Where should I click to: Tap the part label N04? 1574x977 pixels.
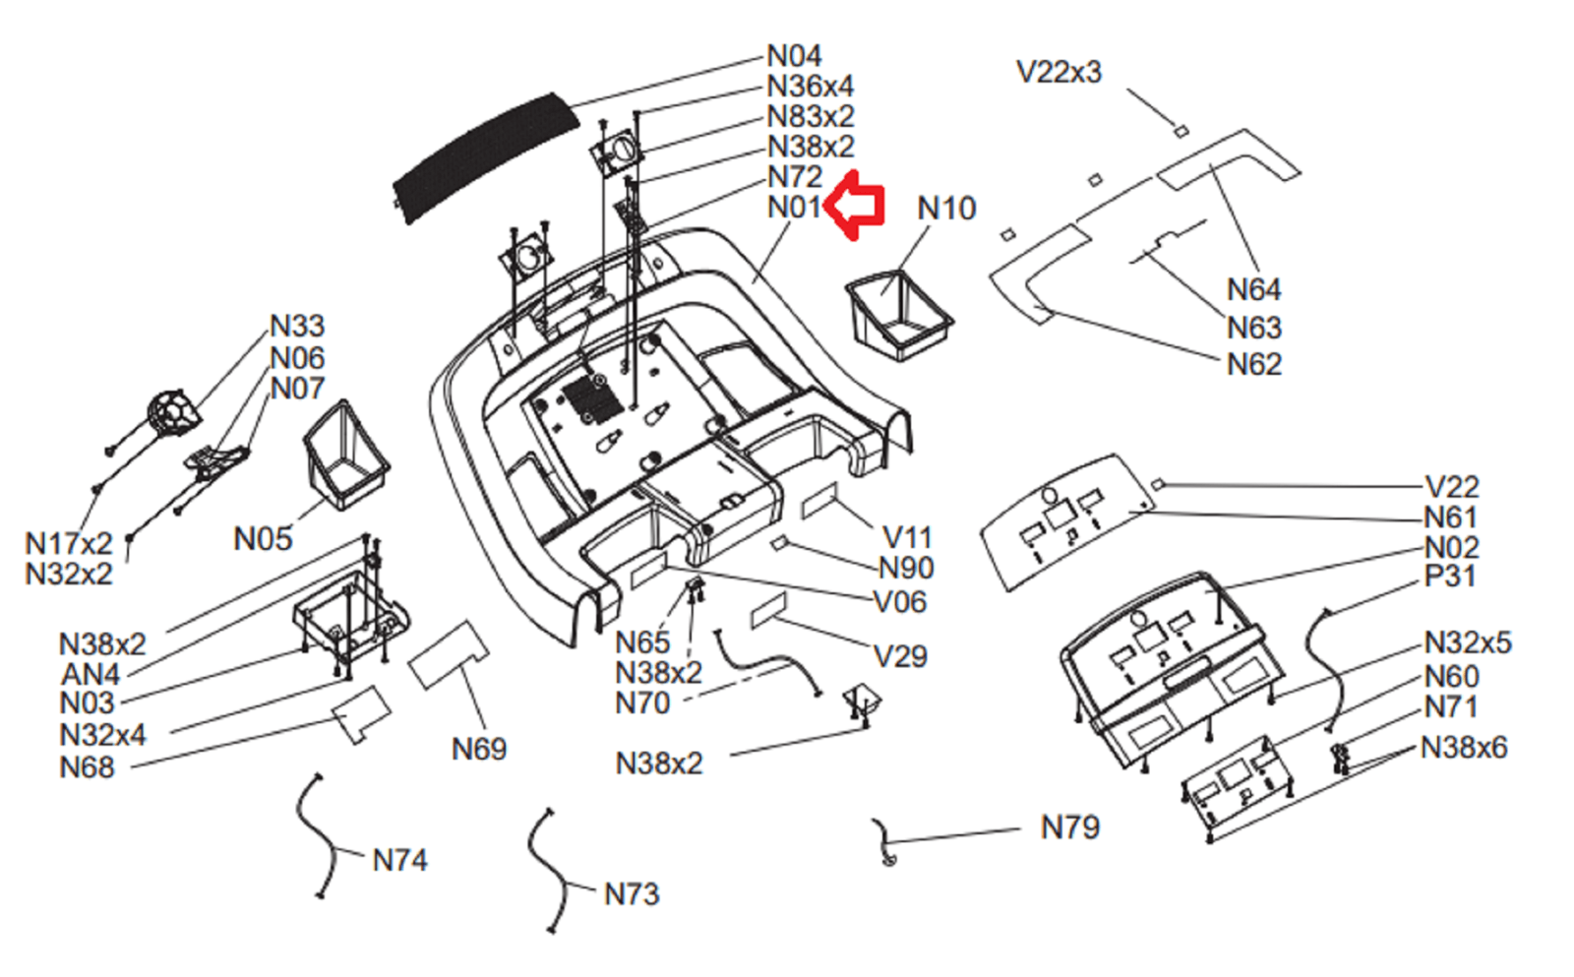coord(794,56)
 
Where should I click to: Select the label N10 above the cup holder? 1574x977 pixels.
coord(946,209)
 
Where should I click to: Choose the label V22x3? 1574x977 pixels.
coord(1059,72)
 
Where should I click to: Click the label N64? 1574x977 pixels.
coord(1253,289)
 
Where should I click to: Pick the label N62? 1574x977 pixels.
coord(1253,364)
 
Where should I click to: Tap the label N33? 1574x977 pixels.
coord(297,326)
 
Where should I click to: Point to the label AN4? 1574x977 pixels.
coord(91,674)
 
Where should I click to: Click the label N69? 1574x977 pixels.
coord(479,749)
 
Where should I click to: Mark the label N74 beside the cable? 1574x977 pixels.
coord(399,860)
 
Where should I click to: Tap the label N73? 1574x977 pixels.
coord(632,894)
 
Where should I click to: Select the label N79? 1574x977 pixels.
coord(1070,827)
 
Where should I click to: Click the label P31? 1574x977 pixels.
coord(1450,576)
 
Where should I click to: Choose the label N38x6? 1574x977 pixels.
coord(1464,748)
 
